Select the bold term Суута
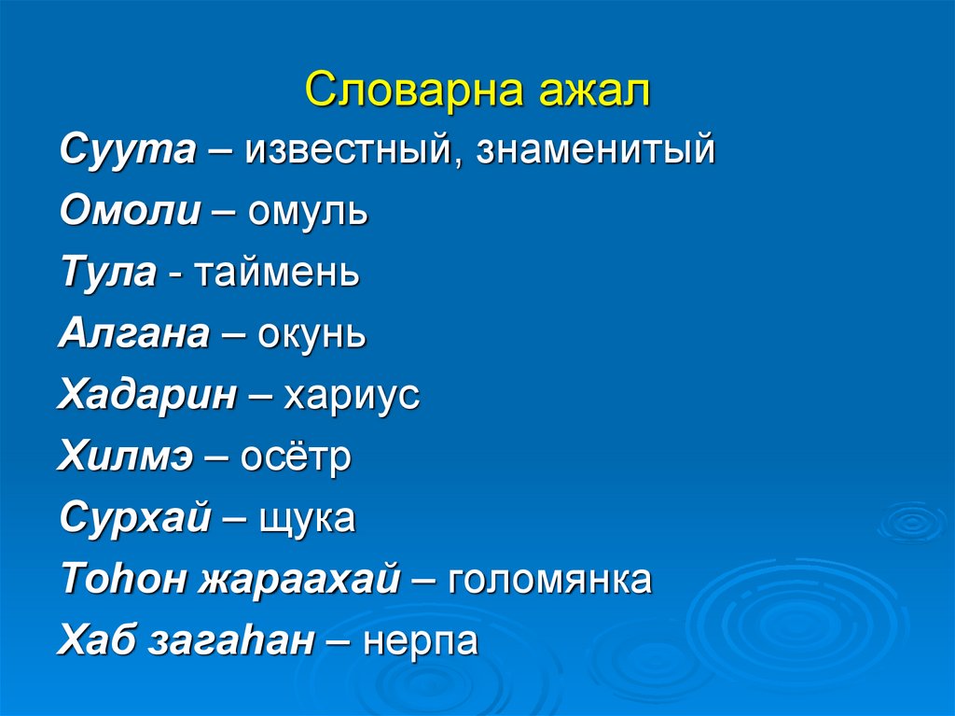click(x=128, y=150)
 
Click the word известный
click(x=352, y=150)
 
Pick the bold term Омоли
click(x=130, y=212)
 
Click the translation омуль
click(x=309, y=212)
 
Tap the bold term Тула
click(x=107, y=274)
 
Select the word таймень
click(x=277, y=274)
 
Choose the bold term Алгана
click(x=134, y=334)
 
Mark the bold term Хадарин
click(x=147, y=396)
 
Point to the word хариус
click(x=353, y=396)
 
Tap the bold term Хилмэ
click(x=129, y=457)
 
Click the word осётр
click(x=296, y=457)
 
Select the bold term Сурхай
click(x=134, y=519)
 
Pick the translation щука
click(x=305, y=519)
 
